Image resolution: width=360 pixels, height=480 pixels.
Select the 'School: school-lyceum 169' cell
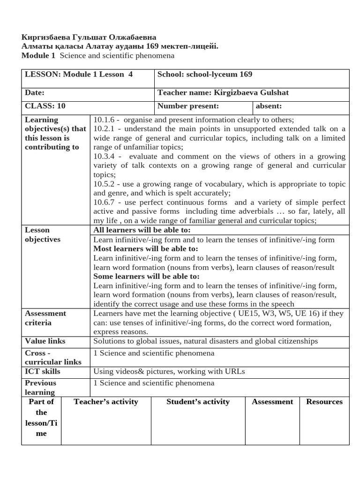(x=205, y=75)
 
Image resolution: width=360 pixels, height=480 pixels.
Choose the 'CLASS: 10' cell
(x=45, y=106)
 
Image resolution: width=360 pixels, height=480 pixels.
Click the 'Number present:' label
(x=188, y=106)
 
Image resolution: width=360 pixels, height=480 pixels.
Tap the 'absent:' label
(x=269, y=106)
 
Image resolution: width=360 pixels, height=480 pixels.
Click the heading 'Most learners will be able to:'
(x=146, y=248)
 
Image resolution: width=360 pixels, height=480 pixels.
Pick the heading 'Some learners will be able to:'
(x=146, y=277)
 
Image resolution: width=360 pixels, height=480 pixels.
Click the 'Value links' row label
(x=45, y=341)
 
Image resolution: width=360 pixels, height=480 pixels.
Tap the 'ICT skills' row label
(x=43, y=372)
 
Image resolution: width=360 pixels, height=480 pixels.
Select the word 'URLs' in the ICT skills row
(x=235, y=372)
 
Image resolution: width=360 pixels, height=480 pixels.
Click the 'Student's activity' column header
(x=198, y=402)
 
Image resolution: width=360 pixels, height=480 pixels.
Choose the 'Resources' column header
(x=324, y=402)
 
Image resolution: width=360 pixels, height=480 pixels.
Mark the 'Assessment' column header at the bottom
(x=272, y=402)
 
